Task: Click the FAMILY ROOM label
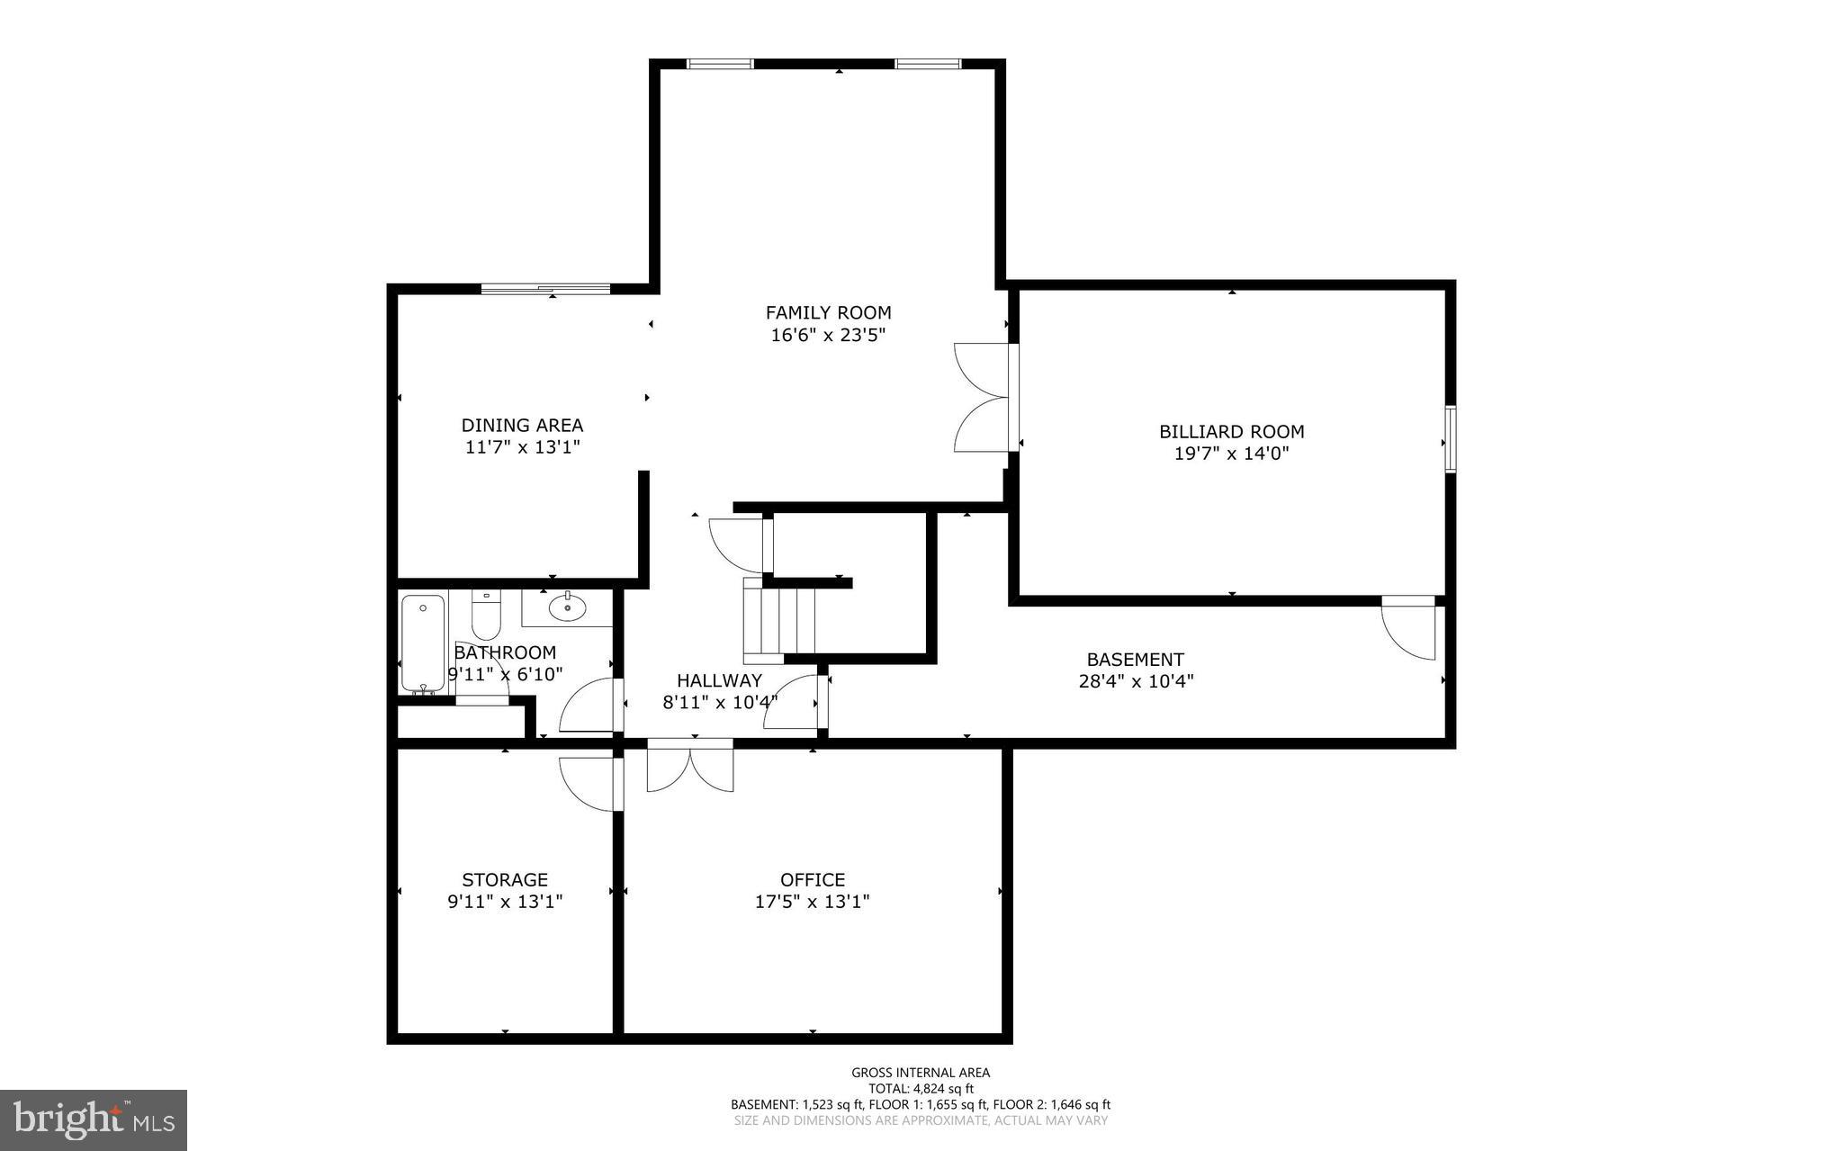coord(828,312)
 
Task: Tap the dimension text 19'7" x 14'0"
coord(1231,454)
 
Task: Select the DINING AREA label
coord(522,425)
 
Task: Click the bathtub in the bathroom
coord(422,643)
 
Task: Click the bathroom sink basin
coord(567,607)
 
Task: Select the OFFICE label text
coord(812,879)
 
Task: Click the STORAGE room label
coord(505,879)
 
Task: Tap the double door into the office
coord(690,767)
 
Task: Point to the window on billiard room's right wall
coord(1450,439)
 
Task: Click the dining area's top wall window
coord(545,289)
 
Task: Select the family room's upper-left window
coord(720,64)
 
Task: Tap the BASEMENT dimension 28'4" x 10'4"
coord(1136,681)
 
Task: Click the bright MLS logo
coord(94,1120)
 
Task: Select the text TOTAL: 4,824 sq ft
coord(921,1088)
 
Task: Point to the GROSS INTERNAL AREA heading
coord(921,1072)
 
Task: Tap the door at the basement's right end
coord(1409,627)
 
